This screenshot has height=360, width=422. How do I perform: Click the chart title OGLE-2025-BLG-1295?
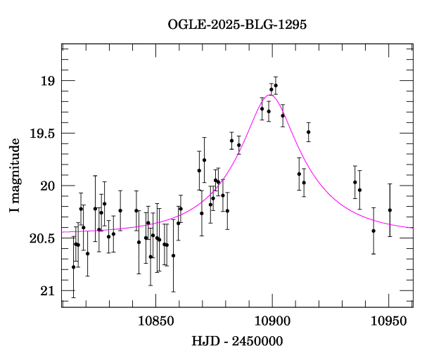tap(237, 24)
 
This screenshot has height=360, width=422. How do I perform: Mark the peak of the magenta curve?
tap(271, 95)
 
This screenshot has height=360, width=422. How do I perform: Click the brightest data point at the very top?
tap(276, 86)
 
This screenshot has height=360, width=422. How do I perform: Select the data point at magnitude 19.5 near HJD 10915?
tap(308, 132)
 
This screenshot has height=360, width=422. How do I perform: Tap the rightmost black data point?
tap(390, 210)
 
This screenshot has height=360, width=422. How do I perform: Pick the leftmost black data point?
tap(73, 267)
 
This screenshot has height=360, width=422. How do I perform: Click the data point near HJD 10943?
tap(373, 231)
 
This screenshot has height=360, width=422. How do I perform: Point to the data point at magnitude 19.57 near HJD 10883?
tap(231, 141)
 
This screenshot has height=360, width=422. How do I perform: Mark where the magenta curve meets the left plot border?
tap(63, 232)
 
